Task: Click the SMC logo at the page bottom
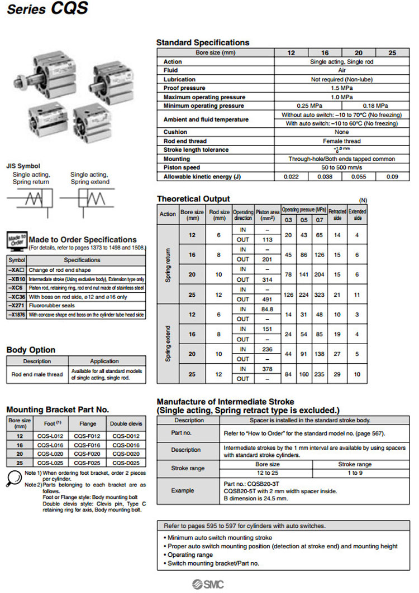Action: tap(208, 584)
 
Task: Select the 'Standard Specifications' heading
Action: tap(202, 42)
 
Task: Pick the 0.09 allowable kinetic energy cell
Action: tap(392, 177)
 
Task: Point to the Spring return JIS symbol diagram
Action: tap(30, 199)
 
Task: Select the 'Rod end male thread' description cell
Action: tap(37, 374)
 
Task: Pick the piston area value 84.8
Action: tap(267, 309)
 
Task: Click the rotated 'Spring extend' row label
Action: tap(168, 344)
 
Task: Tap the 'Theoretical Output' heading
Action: tap(193, 199)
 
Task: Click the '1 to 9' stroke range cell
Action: tap(355, 473)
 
